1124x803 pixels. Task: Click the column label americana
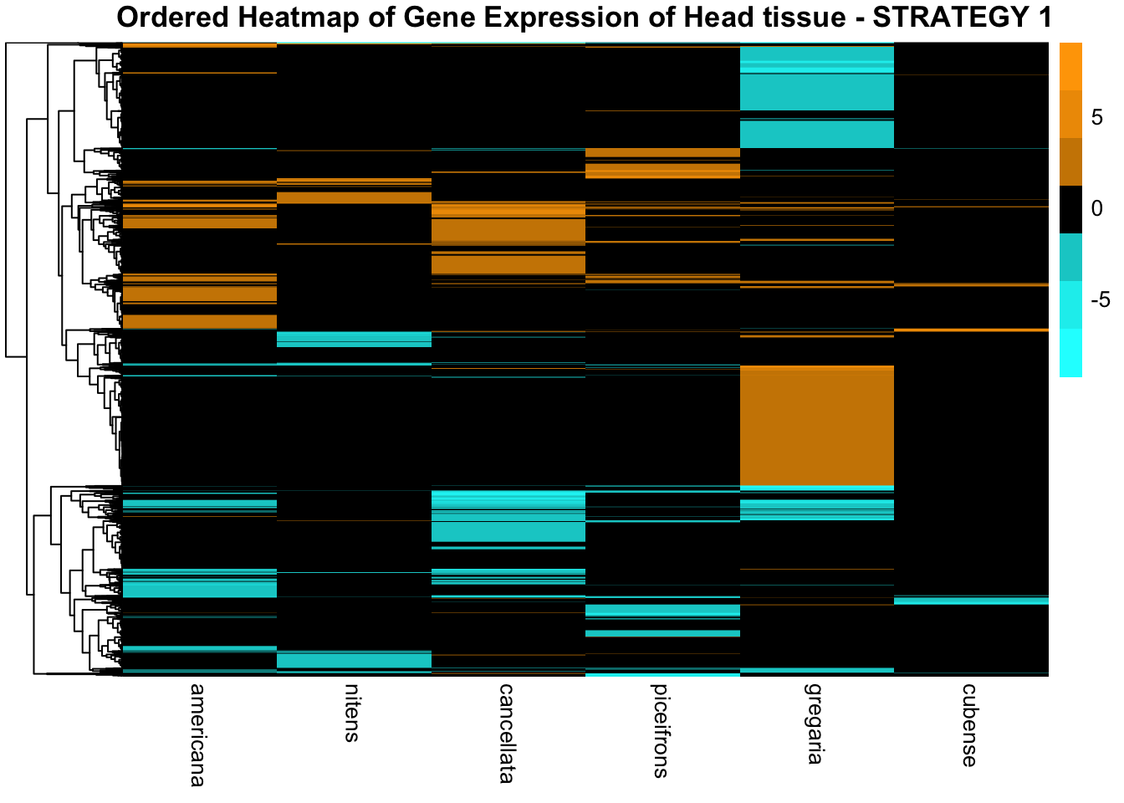coord(197,734)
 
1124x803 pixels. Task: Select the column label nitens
coord(352,713)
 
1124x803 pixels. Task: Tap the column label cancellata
coord(506,733)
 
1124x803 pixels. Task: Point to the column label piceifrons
coord(661,730)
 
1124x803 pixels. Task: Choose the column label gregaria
coord(815,724)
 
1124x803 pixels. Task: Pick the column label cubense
coord(969,724)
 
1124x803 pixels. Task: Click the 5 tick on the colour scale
coord(1097,118)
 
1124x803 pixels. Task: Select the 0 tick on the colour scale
coord(1097,209)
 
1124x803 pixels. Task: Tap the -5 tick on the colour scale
coord(1100,299)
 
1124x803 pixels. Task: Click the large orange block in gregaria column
coord(817,425)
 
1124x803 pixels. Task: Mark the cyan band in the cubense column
coord(971,600)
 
